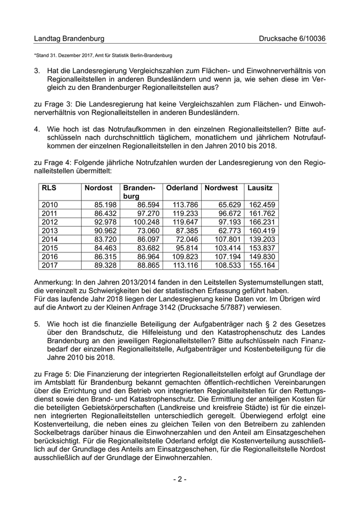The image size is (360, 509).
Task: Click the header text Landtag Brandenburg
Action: (x=69, y=39)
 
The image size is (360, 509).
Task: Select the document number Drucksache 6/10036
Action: (x=292, y=39)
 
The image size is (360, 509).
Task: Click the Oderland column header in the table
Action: (x=182, y=188)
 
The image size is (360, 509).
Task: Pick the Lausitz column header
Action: (x=260, y=188)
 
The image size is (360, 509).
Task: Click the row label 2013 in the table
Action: (x=49, y=230)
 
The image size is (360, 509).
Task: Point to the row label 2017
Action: (x=49, y=265)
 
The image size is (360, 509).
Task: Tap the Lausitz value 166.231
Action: (x=262, y=222)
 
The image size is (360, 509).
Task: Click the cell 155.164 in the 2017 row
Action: (x=262, y=265)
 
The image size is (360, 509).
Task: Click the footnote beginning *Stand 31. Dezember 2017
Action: (x=103, y=55)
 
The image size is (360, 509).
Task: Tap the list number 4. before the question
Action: (x=37, y=129)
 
